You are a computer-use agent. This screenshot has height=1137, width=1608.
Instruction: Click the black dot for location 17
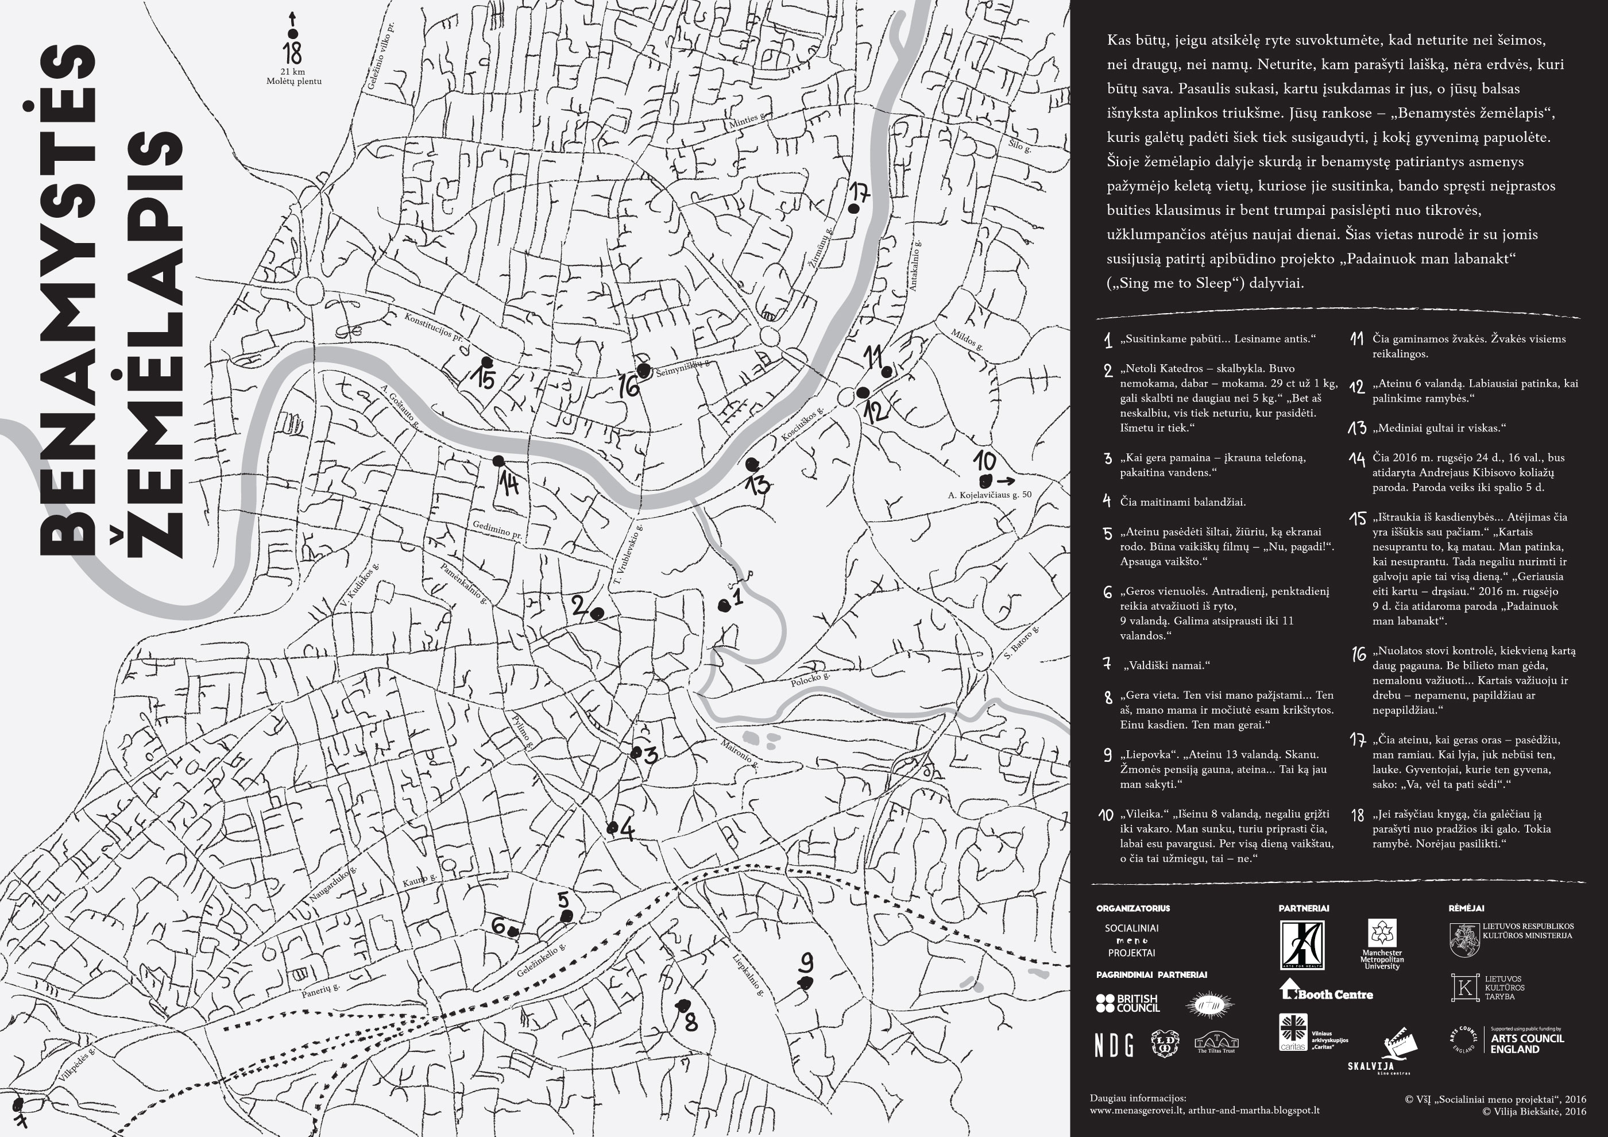click(853, 208)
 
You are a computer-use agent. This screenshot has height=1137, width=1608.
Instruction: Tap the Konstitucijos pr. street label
click(434, 327)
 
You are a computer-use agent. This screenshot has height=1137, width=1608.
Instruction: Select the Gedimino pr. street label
click(497, 530)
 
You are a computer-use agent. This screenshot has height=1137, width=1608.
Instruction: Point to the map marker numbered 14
click(498, 461)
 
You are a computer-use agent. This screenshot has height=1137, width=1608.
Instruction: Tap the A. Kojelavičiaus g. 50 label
click(989, 495)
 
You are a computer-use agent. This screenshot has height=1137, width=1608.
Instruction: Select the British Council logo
click(1127, 1003)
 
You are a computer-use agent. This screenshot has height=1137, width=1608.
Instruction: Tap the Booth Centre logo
click(1326, 991)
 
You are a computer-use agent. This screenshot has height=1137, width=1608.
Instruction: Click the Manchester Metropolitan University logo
click(1382, 943)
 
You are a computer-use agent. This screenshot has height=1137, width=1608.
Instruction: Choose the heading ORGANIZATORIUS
click(1132, 908)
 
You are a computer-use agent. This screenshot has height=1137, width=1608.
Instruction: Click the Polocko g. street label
click(810, 680)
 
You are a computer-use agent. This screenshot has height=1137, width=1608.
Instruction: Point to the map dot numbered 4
click(612, 828)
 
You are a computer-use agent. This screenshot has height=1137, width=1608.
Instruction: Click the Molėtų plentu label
click(293, 81)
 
